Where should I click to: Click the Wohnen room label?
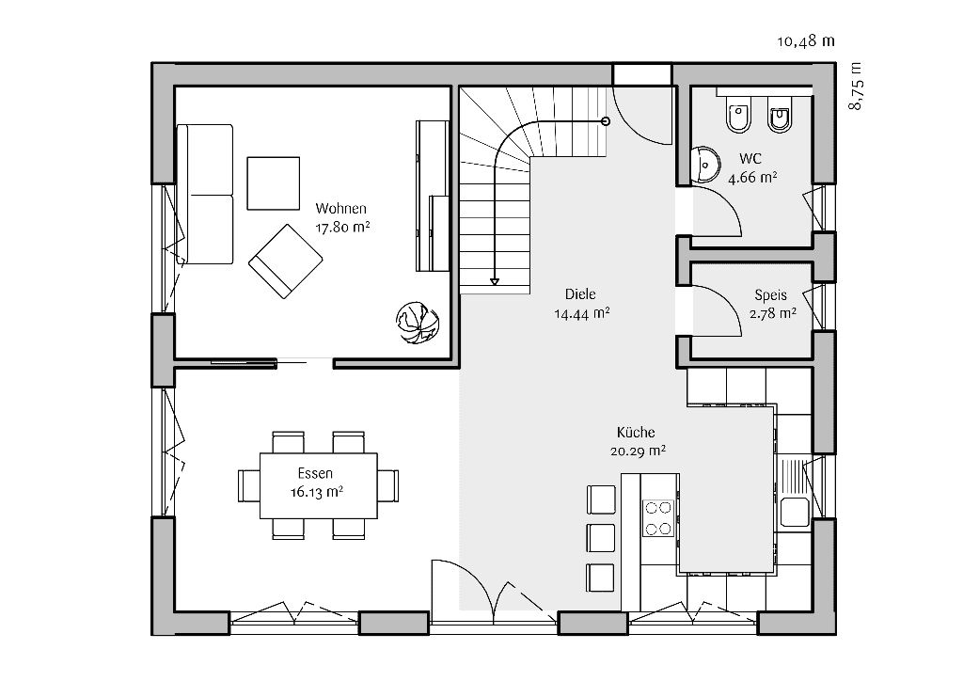click(341, 208)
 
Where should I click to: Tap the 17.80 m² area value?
click(341, 227)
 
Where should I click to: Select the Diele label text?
click(580, 293)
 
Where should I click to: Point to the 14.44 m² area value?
click(582, 314)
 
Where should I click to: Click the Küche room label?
click(636, 433)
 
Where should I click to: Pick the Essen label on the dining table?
click(316, 473)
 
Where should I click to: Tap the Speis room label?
click(770, 294)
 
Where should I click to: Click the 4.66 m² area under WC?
click(752, 176)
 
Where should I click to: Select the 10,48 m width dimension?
click(806, 40)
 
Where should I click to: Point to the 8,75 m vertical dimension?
click(855, 87)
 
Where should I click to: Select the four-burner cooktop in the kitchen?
click(658, 516)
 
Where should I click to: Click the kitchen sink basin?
click(793, 512)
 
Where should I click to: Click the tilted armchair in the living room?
click(282, 261)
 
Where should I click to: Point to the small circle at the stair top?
click(606, 120)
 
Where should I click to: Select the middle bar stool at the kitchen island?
click(600, 538)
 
